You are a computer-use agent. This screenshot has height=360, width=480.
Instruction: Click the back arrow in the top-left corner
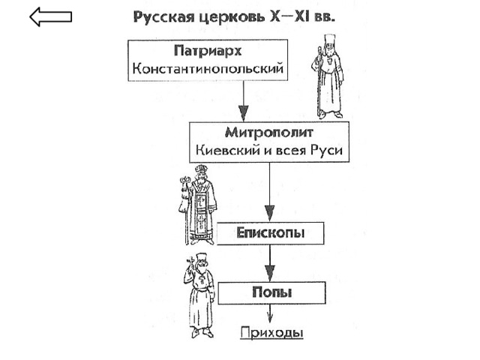tap(50, 16)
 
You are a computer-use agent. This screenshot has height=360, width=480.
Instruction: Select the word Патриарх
tap(208, 51)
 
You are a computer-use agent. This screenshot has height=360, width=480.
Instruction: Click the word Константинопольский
tap(208, 68)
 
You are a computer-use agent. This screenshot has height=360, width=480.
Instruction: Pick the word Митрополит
tap(269, 133)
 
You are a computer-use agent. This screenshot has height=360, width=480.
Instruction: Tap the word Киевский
tap(227, 150)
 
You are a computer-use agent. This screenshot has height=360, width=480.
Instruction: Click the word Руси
tap(326, 150)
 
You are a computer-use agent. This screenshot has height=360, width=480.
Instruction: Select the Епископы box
tap(270, 233)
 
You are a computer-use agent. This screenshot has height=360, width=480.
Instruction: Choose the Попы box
tap(271, 292)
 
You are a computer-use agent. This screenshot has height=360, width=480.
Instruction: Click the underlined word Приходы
tap(271, 333)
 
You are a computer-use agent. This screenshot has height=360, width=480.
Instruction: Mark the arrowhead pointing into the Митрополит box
tap(243, 113)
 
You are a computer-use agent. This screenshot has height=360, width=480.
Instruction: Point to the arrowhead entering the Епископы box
tap(269, 213)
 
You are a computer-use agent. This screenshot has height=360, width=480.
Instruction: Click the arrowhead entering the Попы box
tap(270, 273)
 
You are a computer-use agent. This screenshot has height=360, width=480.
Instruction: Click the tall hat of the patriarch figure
tap(330, 40)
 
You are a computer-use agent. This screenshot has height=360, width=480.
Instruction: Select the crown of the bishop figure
tap(201, 169)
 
